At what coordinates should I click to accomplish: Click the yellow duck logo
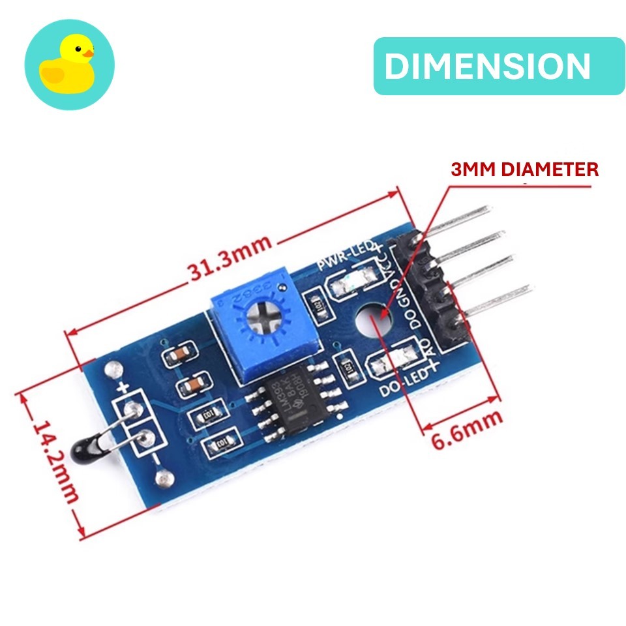pos(68,65)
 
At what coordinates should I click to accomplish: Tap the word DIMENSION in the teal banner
pos(487,67)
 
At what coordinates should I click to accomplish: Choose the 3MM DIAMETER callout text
pos(524,170)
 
